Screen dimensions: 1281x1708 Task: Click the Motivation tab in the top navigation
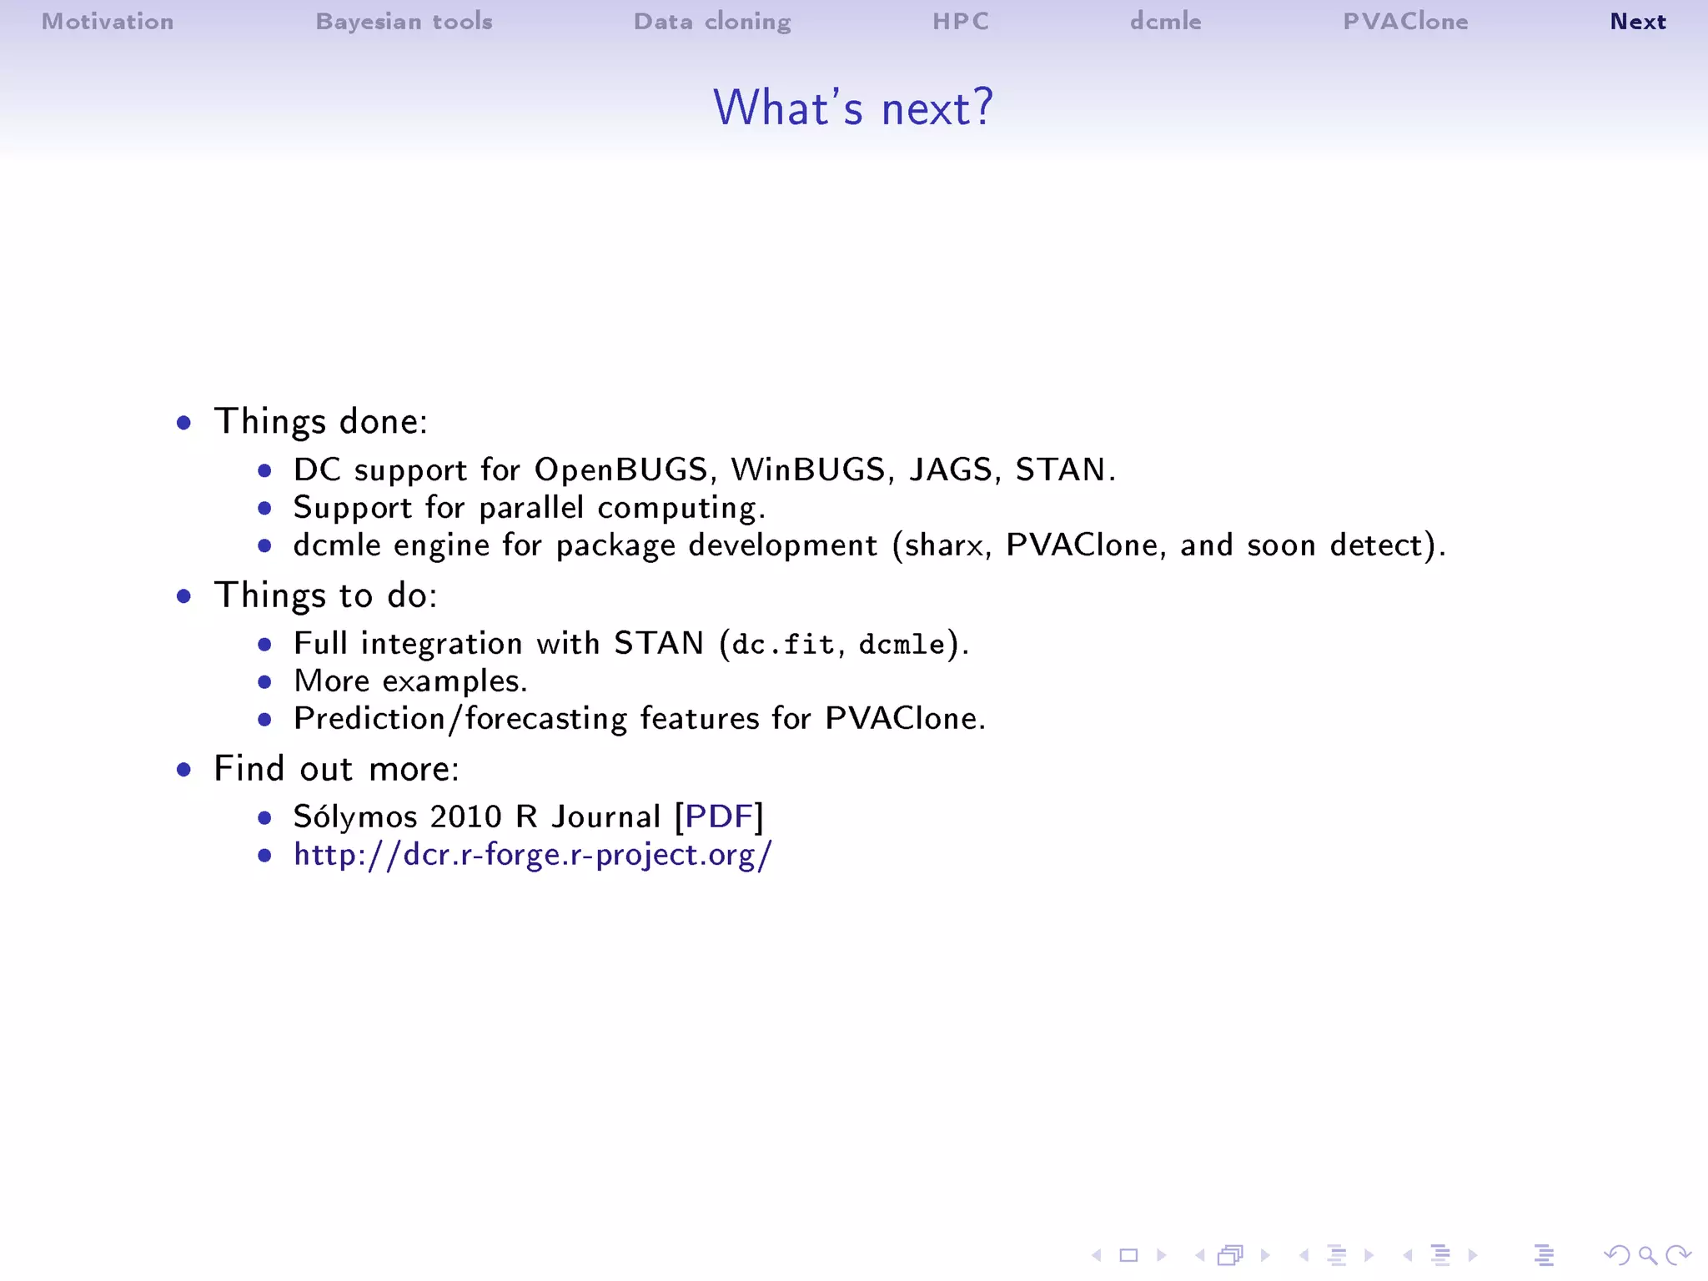click(x=108, y=22)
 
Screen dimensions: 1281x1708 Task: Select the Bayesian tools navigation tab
click(x=404, y=22)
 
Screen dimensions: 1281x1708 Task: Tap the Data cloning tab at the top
click(x=712, y=22)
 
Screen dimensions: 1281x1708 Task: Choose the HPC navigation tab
click(x=961, y=22)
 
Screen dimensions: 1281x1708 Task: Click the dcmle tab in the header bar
click(x=1165, y=22)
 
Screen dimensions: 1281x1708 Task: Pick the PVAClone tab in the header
click(x=1405, y=22)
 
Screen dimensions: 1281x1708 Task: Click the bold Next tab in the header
click(x=1637, y=22)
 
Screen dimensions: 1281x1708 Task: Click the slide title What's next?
click(x=853, y=108)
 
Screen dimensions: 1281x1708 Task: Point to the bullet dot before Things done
click(x=184, y=423)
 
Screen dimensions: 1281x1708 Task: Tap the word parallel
click(x=531, y=508)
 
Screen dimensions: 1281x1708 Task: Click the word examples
click(x=454, y=682)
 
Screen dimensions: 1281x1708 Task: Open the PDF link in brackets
click(x=719, y=816)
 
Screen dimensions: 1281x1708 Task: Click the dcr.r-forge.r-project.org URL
click(x=533, y=855)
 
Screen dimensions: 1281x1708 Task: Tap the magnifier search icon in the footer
click(x=1647, y=1255)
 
